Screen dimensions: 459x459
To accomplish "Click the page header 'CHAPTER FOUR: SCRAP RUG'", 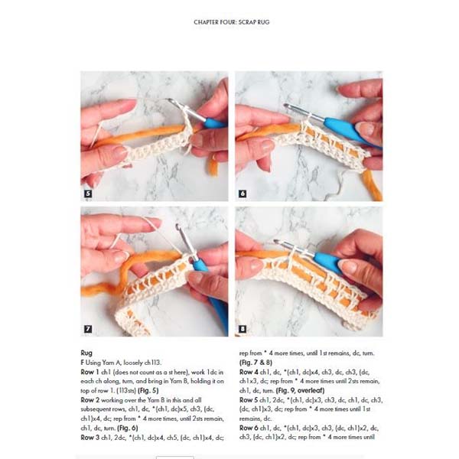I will click(231, 22).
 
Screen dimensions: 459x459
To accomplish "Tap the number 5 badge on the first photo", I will click(88, 194).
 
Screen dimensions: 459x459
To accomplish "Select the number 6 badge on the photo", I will click(243, 194).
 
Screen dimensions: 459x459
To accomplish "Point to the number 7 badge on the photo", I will click(88, 329).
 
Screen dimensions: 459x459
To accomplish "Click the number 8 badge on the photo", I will click(243, 329).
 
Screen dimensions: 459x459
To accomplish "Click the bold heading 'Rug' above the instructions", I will click(86, 353).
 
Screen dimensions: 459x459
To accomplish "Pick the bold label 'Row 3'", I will click(91, 437).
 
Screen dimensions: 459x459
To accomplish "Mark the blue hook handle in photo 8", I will click(330, 262).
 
